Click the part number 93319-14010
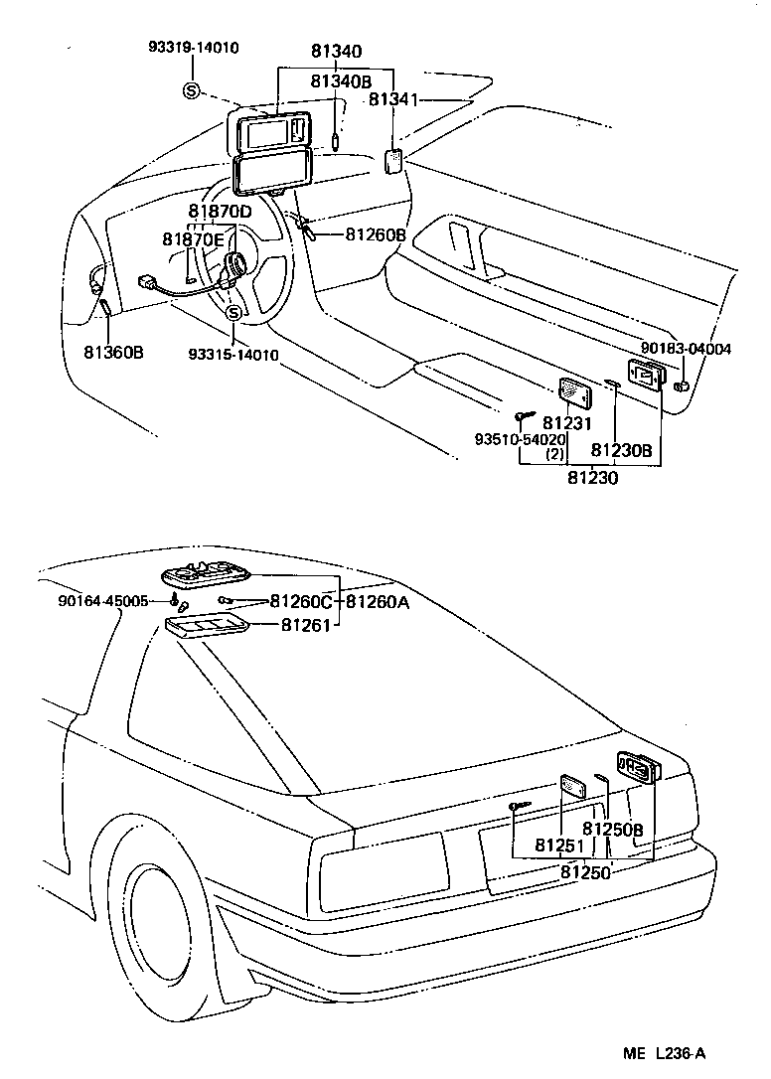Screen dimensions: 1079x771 pos(194,47)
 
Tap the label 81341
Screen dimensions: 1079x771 pos(395,99)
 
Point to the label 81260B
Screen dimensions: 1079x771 pos(375,234)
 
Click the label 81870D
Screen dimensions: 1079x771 pos(220,212)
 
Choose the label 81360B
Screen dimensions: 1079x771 pos(113,352)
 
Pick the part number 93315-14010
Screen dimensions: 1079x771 pos(232,355)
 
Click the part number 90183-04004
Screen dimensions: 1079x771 pos(686,349)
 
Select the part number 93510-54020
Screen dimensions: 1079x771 pos(520,439)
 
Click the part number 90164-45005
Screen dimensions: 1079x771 pos(102,601)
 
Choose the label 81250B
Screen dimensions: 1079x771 pos(613,830)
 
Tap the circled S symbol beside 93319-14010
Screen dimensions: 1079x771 pos(192,91)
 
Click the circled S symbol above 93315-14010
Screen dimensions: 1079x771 pos(233,314)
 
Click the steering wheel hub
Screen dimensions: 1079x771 pos(236,264)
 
